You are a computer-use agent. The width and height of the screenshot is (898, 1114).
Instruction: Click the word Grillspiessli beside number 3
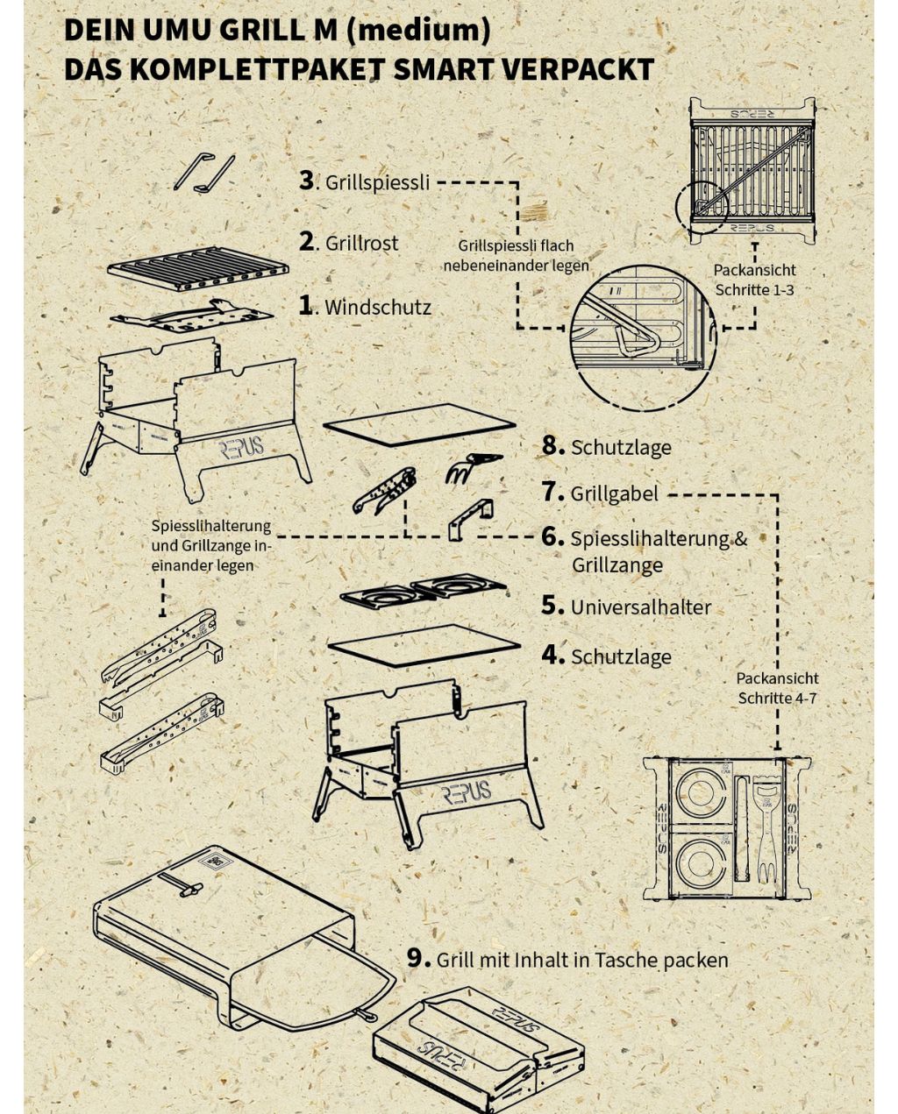point(378,182)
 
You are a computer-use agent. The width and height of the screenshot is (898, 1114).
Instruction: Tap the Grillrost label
point(362,244)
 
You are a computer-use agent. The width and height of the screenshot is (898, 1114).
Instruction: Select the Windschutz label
point(378,308)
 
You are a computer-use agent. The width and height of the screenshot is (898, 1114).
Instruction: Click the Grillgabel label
point(614,493)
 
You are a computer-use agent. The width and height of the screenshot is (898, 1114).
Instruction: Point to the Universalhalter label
point(641,607)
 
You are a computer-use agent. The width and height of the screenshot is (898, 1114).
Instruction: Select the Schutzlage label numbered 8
point(621,448)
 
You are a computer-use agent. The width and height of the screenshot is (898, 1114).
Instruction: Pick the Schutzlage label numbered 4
point(622,656)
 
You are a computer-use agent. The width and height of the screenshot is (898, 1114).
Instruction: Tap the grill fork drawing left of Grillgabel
point(473,467)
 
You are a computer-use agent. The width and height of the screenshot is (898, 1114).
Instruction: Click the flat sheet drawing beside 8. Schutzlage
point(419,425)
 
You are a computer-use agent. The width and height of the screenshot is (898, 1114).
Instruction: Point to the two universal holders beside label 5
point(423,590)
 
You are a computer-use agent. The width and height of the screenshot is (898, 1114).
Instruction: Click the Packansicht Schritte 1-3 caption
point(754,280)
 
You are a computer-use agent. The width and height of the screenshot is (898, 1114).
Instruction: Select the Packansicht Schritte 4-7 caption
point(777,688)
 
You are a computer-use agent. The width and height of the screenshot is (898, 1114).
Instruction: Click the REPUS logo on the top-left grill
point(242,448)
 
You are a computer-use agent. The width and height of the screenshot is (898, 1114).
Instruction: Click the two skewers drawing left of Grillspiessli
point(204,173)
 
